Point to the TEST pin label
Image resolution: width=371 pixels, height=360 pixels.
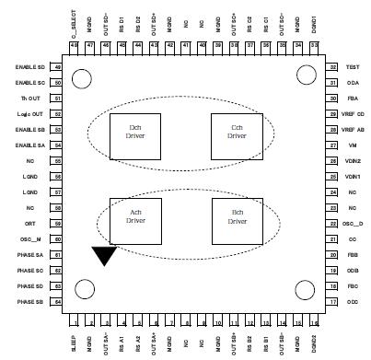coord(352,67)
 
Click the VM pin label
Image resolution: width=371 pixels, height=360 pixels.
coord(352,145)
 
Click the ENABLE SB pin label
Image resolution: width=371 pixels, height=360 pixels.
coord(31,130)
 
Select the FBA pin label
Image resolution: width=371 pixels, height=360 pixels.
coord(352,99)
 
